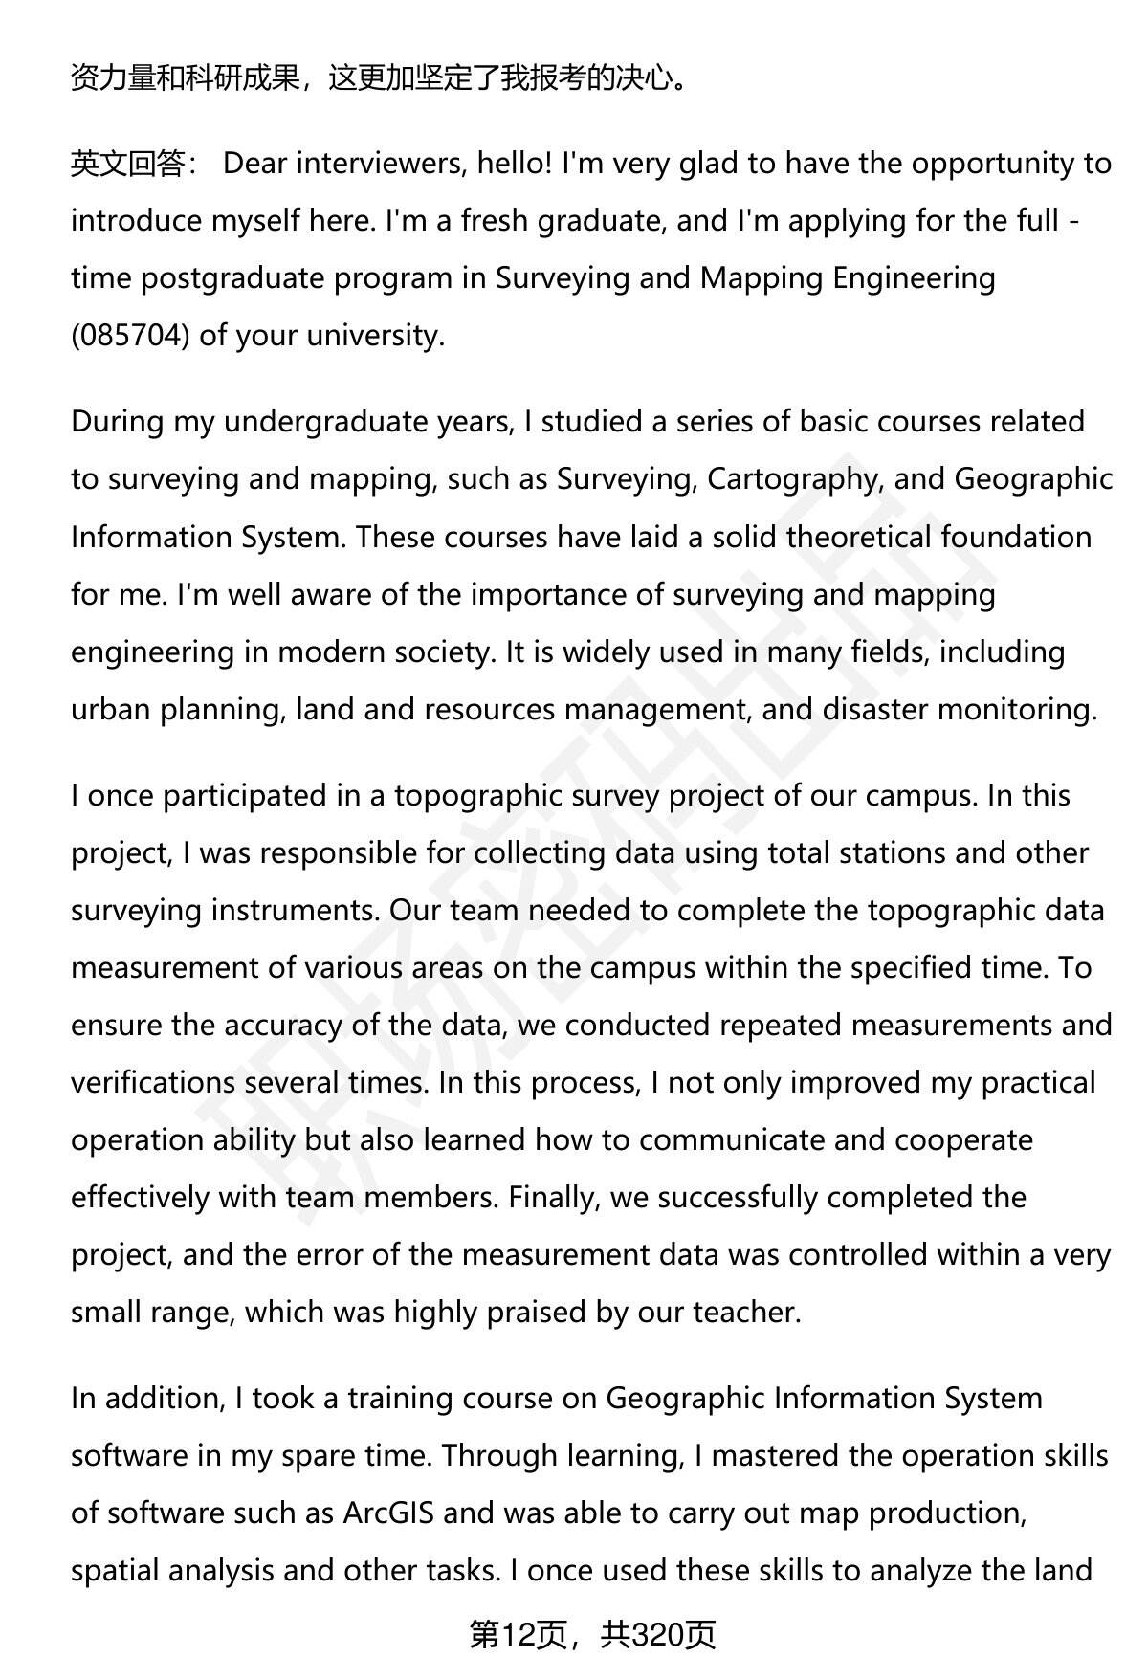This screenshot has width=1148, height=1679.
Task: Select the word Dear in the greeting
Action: pyautogui.click(x=254, y=164)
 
